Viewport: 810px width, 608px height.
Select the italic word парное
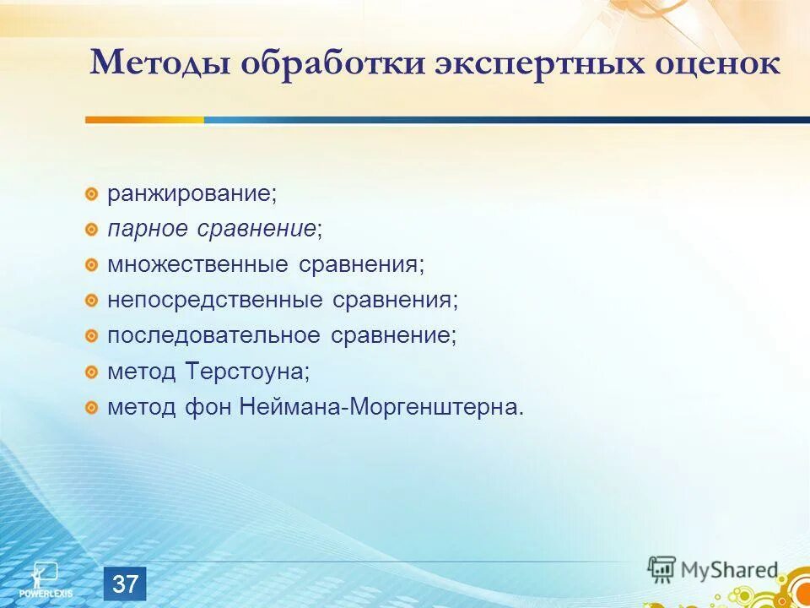pyautogui.click(x=149, y=229)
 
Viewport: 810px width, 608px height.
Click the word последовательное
pyautogui.click(x=213, y=335)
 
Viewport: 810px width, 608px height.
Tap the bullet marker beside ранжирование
pyautogui.click(x=91, y=194)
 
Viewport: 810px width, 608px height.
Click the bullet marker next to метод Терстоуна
pyautogui.click(x=91, y=372)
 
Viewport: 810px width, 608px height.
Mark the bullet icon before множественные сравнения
pyautogui.click(x=91, y=265)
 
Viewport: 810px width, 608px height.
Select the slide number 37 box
pyautogui.click(x=125, y=584)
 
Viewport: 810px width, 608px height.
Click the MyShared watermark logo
pyautogui.click(x=713, y=569)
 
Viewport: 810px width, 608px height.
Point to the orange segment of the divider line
pyautogui.click(x=143, y=120)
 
